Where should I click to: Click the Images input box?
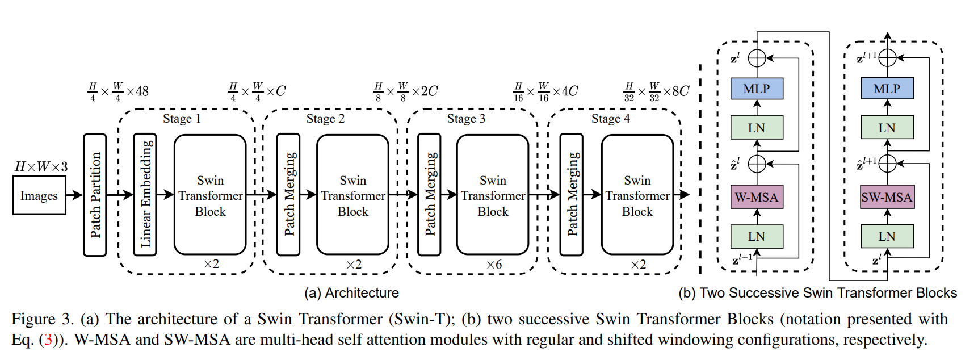(39, 195)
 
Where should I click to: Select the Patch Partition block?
(95, 195)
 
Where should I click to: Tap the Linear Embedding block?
(145, 195)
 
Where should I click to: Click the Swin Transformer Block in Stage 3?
(493, 195)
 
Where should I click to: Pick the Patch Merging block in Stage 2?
(288, 195)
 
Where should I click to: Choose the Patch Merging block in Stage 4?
(572, 195)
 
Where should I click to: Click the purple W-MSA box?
(757, 197)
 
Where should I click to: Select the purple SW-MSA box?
(887, 197)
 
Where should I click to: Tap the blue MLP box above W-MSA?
(757, 89)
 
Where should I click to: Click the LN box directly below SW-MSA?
(887, 236)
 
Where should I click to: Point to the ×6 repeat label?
(494, 265)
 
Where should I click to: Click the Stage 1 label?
(182, 119)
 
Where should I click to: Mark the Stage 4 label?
(610, 119)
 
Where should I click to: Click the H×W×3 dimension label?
(41, 166)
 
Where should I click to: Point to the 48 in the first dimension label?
(142, 91)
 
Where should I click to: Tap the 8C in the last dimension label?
(680, 91)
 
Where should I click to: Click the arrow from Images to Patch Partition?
(74, 195)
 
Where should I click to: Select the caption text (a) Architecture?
(351, 293)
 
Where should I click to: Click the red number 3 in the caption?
(48, 340)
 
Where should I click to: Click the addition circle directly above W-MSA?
(757, 164)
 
